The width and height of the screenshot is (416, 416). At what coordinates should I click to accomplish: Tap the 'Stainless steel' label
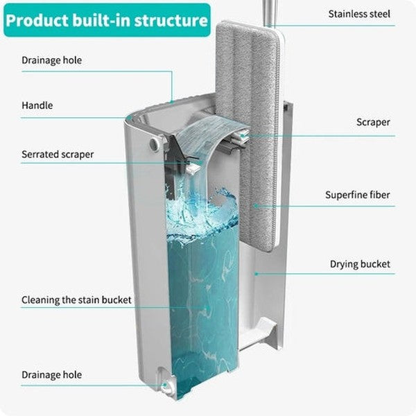click(x=358, y=14)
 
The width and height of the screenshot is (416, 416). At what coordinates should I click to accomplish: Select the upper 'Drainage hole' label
click(x=51, y=60)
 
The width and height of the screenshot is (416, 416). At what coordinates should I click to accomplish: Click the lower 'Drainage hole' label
click(x=51, y=375)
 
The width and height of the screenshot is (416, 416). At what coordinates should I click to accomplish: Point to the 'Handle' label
click(x=37, y=106)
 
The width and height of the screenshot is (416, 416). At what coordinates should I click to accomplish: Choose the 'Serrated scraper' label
click(x=58, y=155)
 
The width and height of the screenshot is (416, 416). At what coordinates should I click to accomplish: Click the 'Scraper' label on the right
click(x=373, y=122)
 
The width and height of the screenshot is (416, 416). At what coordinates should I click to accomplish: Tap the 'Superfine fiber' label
click(x=357, y=195)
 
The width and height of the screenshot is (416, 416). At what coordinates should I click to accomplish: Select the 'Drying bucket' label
click(x=359, y=264)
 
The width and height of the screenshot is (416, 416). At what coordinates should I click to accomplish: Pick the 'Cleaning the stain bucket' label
click(x=76, y=300)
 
